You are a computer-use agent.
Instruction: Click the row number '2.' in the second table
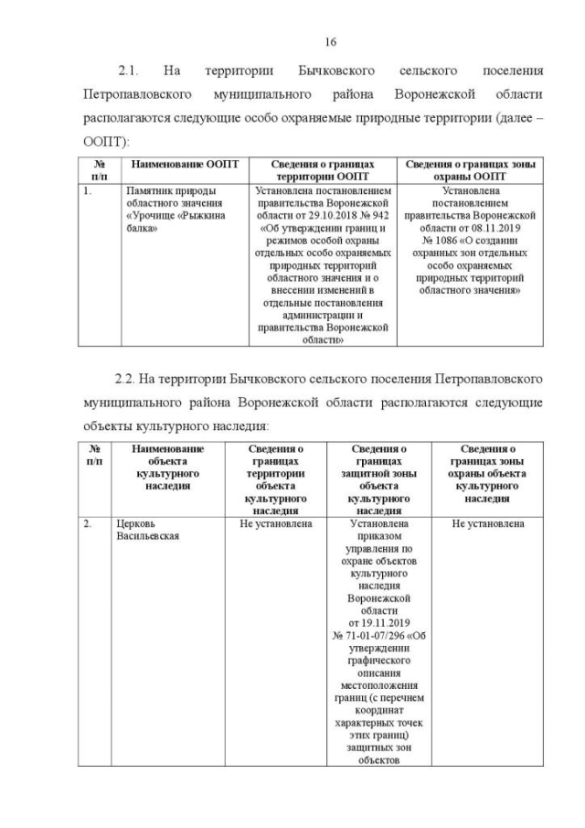tap(87, 524)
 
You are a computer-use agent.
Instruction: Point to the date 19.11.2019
tap(377, 622)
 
